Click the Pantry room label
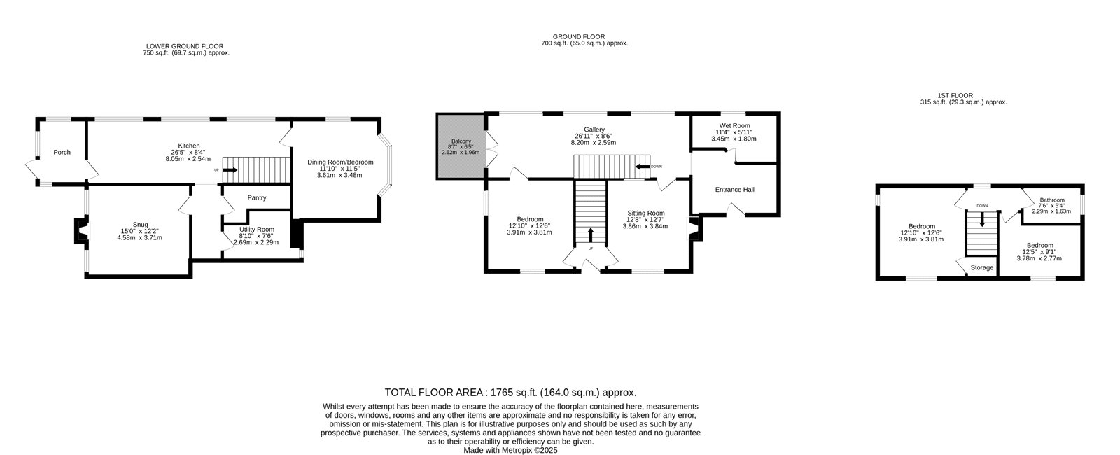(257, 197)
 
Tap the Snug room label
(141, 225)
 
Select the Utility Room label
(256, 229)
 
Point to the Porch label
(62, 152)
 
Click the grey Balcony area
(461, 146)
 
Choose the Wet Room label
(734, 125)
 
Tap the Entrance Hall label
(734, 190)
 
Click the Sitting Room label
(646, 213)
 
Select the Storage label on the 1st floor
(982, 267)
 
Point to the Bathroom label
(1053, 199)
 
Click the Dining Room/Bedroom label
(340, 162)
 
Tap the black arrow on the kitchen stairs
(230, 170)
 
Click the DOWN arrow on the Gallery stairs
(643, 167)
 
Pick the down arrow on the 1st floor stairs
(982, 220)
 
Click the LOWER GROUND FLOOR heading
(185, 46)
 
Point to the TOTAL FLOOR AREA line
(510, 393)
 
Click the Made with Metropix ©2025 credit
(510, 450)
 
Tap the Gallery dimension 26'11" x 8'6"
(594, 136)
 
